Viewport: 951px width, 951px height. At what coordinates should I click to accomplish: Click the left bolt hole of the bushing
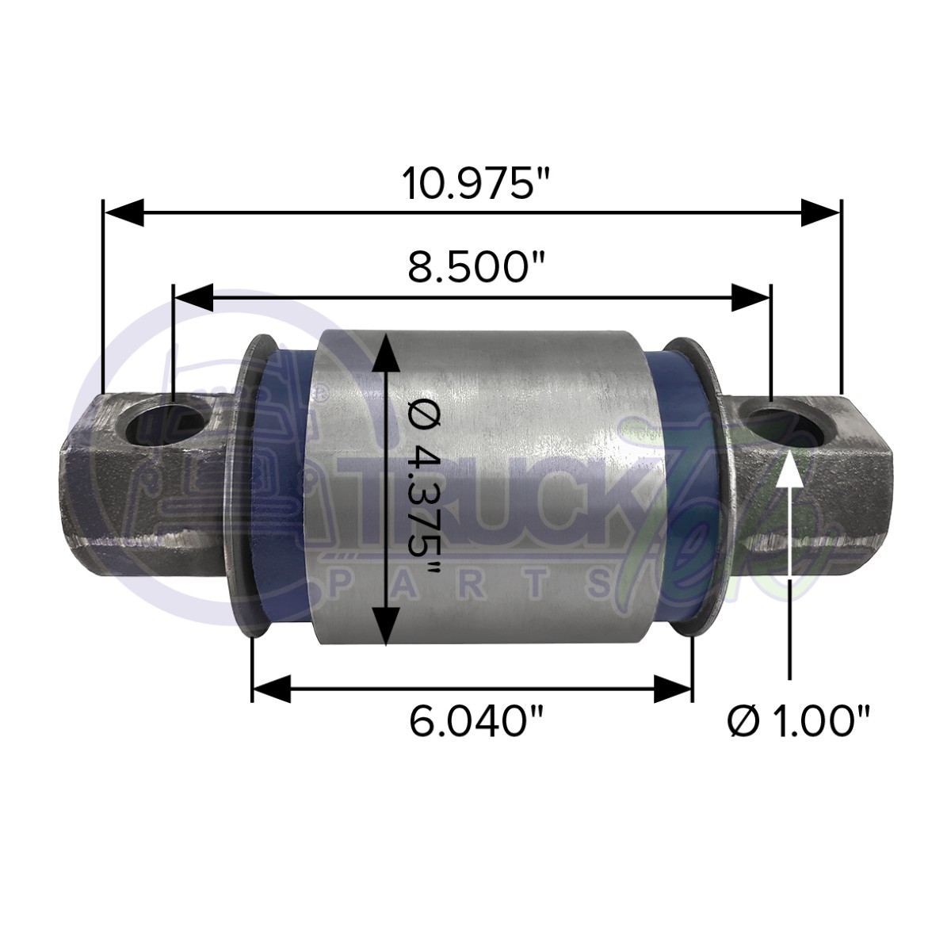coord(166,423)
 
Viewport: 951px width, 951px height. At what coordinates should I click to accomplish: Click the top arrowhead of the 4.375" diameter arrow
coord(385,353)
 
